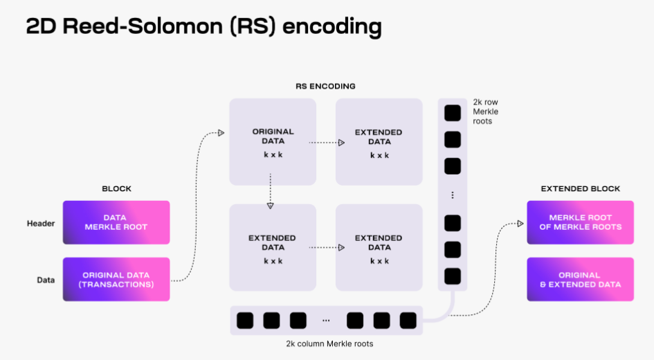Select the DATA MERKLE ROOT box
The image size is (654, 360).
(116, 222)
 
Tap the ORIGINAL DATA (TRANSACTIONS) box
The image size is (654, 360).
(116, 279)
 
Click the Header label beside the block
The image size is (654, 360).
(41, 223)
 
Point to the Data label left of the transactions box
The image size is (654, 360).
(46, 280)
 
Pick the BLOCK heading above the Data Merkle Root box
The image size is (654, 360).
(116, 188)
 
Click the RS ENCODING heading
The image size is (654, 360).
(325, 87)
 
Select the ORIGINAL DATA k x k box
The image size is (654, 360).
(273, 141)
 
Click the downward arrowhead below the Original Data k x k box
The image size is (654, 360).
(271, 205)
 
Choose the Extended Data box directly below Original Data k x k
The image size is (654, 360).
(273, 247)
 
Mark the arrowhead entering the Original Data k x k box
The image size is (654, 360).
(221, 132)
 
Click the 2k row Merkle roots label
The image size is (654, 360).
(485, 111)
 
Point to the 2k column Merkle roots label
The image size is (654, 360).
(325, 343)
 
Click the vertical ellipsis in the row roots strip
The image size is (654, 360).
(453, 195)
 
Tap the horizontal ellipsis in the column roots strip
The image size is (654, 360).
(325, 321)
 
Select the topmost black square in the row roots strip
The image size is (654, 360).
(453, 113)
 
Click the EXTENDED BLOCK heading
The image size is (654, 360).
(580, 188)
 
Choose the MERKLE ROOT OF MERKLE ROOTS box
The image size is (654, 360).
(580, 222)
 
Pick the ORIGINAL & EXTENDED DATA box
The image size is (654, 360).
(580, 279)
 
